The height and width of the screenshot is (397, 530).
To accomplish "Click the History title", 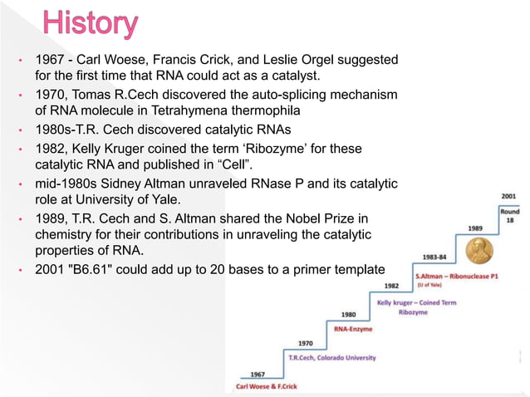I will pos(91,24).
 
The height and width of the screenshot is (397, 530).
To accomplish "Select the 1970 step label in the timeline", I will pos(306,343).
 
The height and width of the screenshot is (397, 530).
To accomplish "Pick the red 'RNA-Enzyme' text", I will pos(352,329).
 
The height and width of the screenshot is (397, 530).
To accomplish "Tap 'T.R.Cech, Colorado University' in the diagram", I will pos(331,357).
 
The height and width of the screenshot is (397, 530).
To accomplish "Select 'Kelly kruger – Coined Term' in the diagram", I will pos(416,302).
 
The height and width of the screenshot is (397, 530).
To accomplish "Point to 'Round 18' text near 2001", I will pos(509,216).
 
